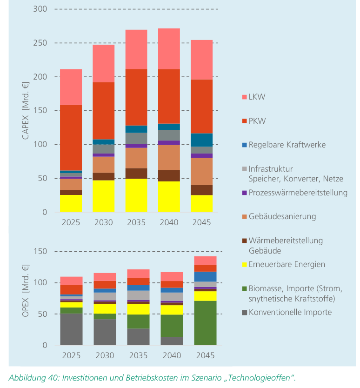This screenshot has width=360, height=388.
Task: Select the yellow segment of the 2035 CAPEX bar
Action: (x=136, y=195)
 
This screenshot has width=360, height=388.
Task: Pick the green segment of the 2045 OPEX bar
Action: (x=205, y=323)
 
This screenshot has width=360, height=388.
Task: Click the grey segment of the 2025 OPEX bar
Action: (x=71, y=329)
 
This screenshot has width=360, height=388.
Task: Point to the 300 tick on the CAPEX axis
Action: (x=40, y=9)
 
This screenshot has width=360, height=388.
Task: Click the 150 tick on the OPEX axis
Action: (x=40, y=252)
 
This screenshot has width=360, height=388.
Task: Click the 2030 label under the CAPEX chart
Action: (x=103, y=222)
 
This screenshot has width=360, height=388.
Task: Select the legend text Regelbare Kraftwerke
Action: (x=287, y=145)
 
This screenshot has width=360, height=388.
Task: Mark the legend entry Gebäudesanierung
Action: (x=282, y=216)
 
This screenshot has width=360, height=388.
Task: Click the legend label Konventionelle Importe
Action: (x=290, y=312)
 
